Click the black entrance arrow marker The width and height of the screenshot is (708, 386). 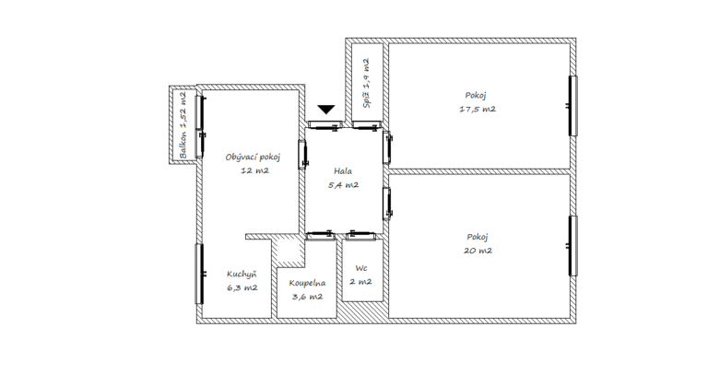coord(326,110)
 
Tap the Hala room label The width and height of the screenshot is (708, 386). coord(343,171)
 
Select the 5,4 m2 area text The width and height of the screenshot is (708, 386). coord(343,184)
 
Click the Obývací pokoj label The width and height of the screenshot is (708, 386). coord(253,158)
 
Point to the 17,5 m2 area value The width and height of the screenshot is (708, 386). coord(478,109)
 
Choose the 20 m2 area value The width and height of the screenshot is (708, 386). coord(478,251)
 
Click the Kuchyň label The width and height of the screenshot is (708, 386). coord(242,274)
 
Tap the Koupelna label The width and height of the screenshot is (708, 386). coord(307,283)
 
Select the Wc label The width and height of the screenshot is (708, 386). coord(360,268)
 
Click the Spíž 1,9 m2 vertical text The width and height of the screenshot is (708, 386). coord(367,83)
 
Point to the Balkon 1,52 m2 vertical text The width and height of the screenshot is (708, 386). coord(183,125)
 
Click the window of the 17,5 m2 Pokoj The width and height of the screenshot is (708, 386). coord(572,106)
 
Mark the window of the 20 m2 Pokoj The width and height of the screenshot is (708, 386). coord(572,246)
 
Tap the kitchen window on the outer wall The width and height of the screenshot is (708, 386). coord(199,274)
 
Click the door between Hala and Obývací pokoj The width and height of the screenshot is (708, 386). coord(302,155)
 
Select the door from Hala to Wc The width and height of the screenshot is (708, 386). coord(360,235)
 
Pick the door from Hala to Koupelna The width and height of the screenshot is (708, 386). coord(320,235)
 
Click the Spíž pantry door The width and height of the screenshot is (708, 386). coord(367,125)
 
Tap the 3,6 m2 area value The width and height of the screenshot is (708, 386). coord(307,297)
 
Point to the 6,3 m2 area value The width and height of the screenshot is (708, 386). coord(242,287)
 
